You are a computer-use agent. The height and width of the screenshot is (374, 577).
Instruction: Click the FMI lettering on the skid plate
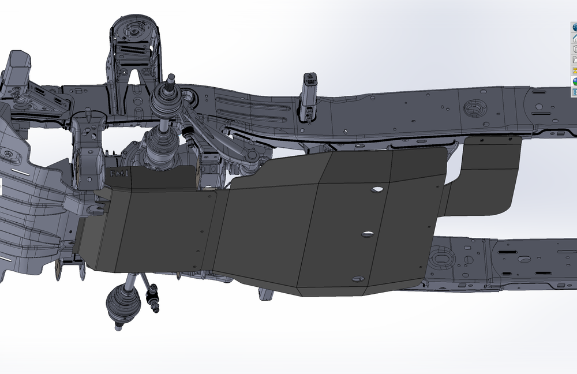click(x=120, y=172)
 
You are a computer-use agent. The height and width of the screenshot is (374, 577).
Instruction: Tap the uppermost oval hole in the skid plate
click(x=378, y=189)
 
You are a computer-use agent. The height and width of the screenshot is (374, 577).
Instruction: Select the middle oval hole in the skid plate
click(x=367, y=234)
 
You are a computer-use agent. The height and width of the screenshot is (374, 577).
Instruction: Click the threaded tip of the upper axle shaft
click(x=171, y=80)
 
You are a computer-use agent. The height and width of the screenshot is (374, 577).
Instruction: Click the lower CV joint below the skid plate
click(x=123, y=302)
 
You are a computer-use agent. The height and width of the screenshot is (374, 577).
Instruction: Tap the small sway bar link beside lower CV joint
click(x=152, y=298)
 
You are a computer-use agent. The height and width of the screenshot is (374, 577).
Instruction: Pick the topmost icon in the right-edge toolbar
click(x=574, y=27)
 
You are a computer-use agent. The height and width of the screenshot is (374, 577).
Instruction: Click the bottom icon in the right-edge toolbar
click(x=574, y=92)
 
